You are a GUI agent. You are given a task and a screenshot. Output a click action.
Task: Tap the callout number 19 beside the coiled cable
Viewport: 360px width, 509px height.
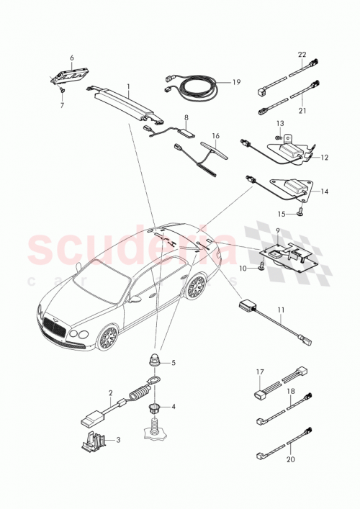[236, 84]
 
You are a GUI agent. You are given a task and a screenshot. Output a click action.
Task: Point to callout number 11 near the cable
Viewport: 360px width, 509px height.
[282, 311]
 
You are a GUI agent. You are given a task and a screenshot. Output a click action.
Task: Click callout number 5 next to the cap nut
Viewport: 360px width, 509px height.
[172, 362]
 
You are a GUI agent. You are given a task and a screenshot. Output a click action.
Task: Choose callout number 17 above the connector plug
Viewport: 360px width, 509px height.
[260, 371]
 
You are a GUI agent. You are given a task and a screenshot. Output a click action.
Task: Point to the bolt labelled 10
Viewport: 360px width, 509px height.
[261, 268]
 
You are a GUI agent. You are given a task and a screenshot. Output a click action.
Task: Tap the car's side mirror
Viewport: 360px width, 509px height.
[135, 298]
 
